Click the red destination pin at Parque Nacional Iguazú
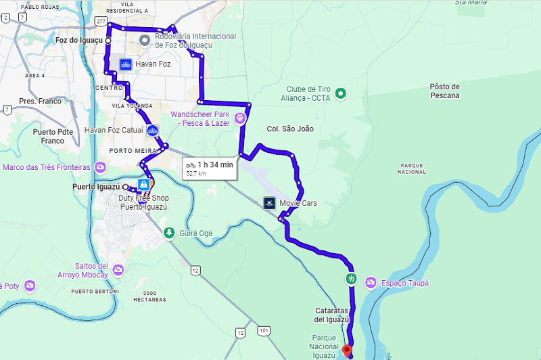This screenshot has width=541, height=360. pyautogui.click(x=348, y=351)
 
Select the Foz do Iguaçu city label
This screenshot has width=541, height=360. pyautogui.click(x=78, y=40)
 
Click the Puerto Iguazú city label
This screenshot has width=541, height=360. pyautogui.click(x=96, y=186)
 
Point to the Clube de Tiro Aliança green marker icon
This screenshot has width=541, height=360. pyautogui.click(x=341, y=93)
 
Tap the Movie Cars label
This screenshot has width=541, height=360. pyautogui.click(x=298, y=203)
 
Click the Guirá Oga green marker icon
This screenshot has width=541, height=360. pyautogui.click(x=168, y=233)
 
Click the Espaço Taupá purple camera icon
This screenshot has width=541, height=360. pyautogui.click(x=371, y=282)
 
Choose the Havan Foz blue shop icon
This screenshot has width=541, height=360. pyautogui.click(x=125, y=64)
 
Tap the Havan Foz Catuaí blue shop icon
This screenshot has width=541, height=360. pyautogui.click(x=153, y=130)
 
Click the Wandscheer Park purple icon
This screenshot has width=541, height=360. pyautogui.click(x=240, y=118)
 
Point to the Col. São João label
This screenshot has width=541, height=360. pyautogui.click(x=290, y=129)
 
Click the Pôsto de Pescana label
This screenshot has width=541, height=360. pyautogui.click(x=444, y=91)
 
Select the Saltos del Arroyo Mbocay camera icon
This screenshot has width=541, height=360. pyautogui.click(x=118, y=271)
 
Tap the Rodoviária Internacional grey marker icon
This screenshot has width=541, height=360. pyautogui.click(x=144, y=41)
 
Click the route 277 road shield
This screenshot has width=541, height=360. pyautogui.click(x=101, y=22)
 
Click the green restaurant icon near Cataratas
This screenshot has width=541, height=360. pyautogui.click(x=350, y=278)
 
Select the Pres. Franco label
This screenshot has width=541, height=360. pyautogui.click(x=40, y=102)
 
